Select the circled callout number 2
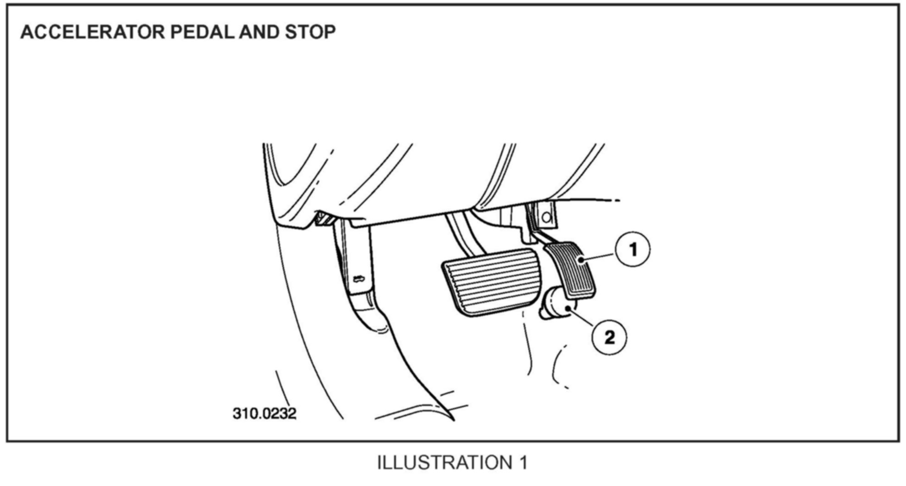tap(609, 338)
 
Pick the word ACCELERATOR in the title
tap(92, 32)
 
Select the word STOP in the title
tap(310, 32)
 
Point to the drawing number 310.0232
tap(264, 413)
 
